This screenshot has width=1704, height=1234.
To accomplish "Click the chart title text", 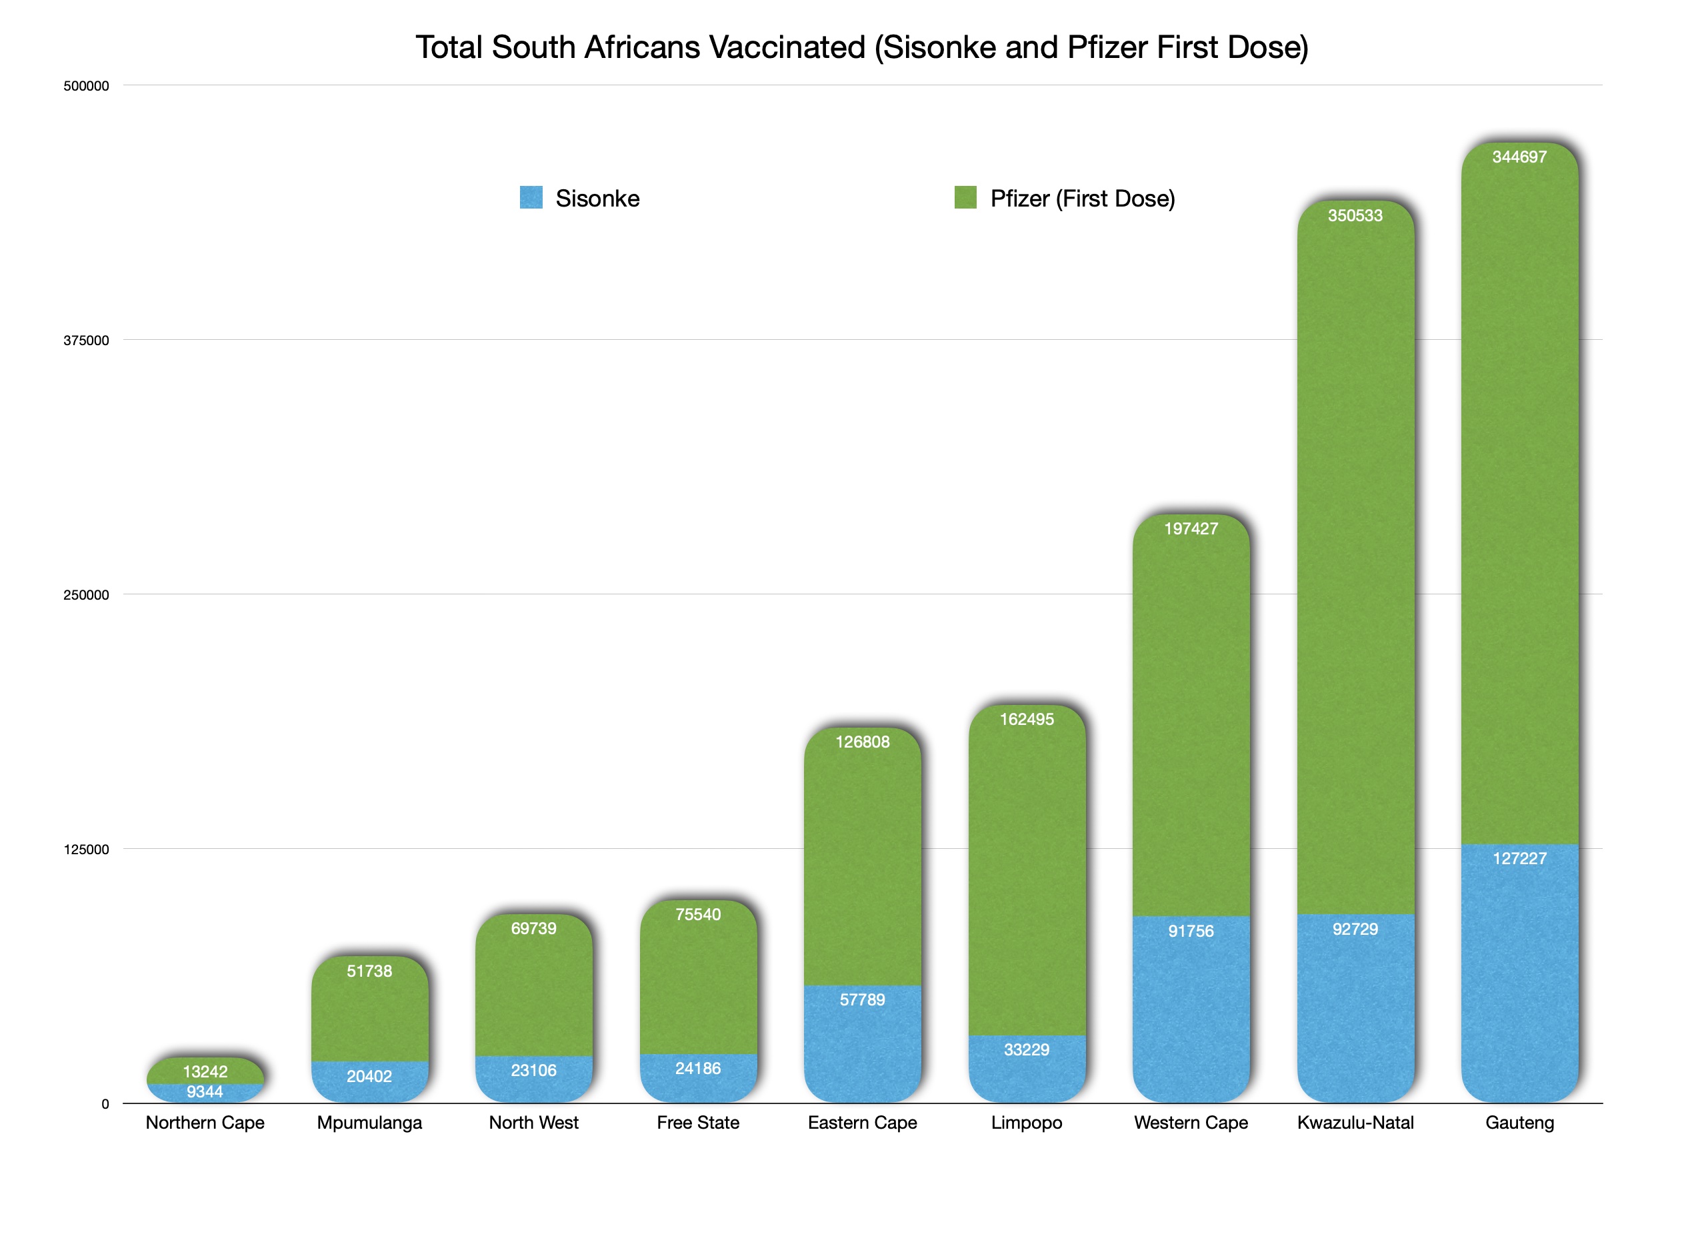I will pos(862,47).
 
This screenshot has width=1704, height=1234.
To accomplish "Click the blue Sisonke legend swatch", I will pos(531,197).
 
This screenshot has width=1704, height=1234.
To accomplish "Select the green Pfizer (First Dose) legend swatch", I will pos(965,197).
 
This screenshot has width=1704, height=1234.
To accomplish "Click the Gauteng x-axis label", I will pos(1519,1122).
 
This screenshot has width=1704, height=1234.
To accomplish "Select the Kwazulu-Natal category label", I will pos(1355,1122).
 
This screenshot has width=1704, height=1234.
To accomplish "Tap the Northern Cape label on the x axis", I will pos(205,1122).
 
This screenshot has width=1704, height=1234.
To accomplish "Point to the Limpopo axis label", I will pos(1026,1122).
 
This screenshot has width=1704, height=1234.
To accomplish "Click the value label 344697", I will pos(1519,157).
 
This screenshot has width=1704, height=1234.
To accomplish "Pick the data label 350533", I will pos(1355,216).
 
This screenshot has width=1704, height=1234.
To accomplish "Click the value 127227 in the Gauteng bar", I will pos(1519,858).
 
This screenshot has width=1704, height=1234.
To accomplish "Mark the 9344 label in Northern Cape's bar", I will pos(205,1092).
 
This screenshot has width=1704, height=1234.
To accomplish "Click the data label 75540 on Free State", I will pos(697,914).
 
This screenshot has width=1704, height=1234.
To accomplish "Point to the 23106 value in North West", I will pos(533,1070).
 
